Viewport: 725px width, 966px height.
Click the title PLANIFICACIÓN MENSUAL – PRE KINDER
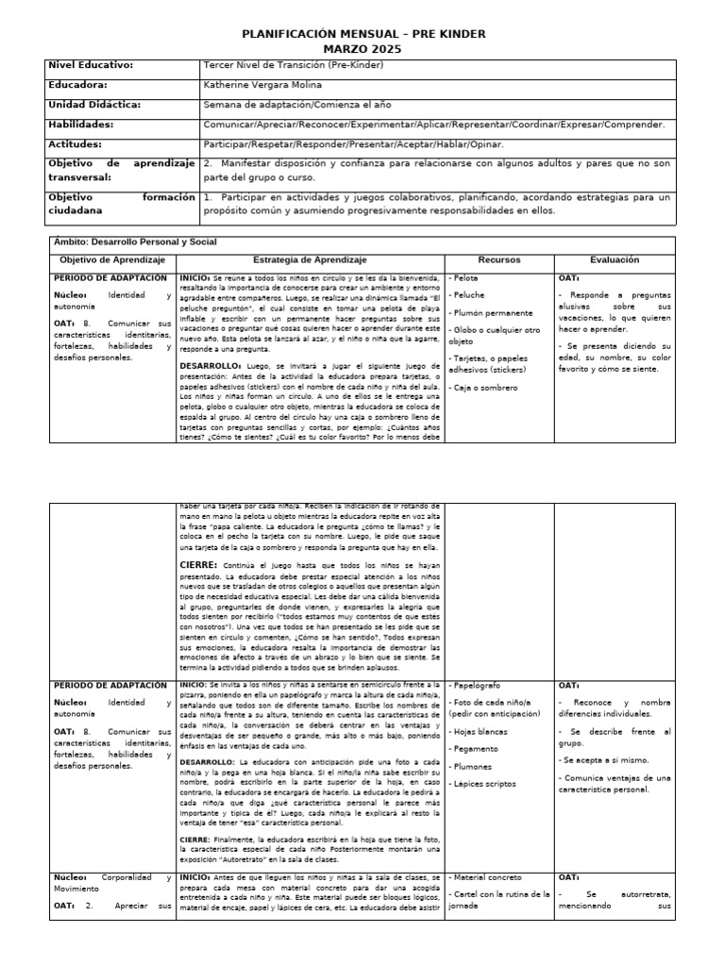362,34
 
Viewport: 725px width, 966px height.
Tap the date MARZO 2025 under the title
362,49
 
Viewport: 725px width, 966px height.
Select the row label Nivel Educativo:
91,65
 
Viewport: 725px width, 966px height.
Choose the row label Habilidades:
81,125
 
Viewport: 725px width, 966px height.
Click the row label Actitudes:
76,144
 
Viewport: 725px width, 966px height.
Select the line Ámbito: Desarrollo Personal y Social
135,242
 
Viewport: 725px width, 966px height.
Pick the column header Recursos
499,259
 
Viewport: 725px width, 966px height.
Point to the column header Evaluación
615,259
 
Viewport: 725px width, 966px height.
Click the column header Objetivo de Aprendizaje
112,259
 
